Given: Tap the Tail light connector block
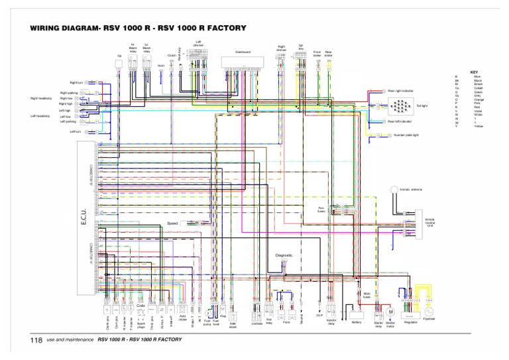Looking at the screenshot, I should (x=400, y=105).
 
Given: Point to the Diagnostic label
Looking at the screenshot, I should (x=284, y=255).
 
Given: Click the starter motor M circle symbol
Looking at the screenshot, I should (x=390, y=312).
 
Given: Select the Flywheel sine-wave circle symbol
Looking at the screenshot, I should (x=428, y=311).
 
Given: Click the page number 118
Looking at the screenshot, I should (x=36, y=340).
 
